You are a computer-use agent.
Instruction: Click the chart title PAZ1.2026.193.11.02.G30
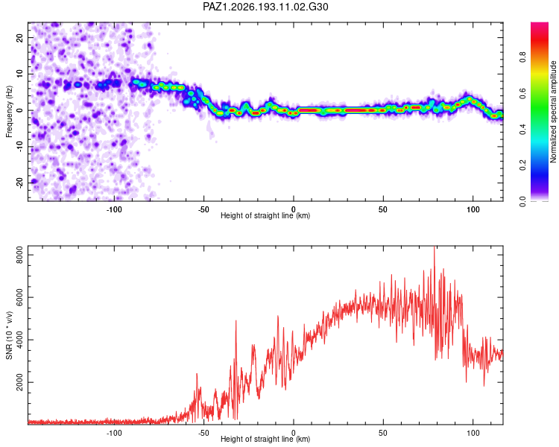coord(265,7)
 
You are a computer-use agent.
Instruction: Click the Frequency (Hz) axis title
coord(9,112)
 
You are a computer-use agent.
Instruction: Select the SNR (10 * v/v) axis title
coord(9,335)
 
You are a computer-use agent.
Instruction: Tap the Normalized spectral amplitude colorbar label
coord(553,112)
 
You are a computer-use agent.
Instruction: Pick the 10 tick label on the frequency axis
coord(19,74)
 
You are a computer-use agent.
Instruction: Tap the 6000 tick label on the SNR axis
coord(19,297)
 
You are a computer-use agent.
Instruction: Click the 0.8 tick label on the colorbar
coord(522,57)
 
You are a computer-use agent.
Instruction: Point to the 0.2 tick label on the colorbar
coord(522,165)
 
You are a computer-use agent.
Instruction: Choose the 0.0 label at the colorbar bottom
coord(522,201)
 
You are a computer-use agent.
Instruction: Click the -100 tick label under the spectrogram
coord(114,209)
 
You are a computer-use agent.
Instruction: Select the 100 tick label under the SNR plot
coord(473,433)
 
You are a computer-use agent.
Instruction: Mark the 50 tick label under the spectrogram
coord(383,209)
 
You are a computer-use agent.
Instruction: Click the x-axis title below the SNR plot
coord(265,439)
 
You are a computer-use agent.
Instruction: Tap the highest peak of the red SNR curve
coord(435,247)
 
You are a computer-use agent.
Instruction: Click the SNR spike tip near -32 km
coord(236,321)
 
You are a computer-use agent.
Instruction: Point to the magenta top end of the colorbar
coord(540,24)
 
